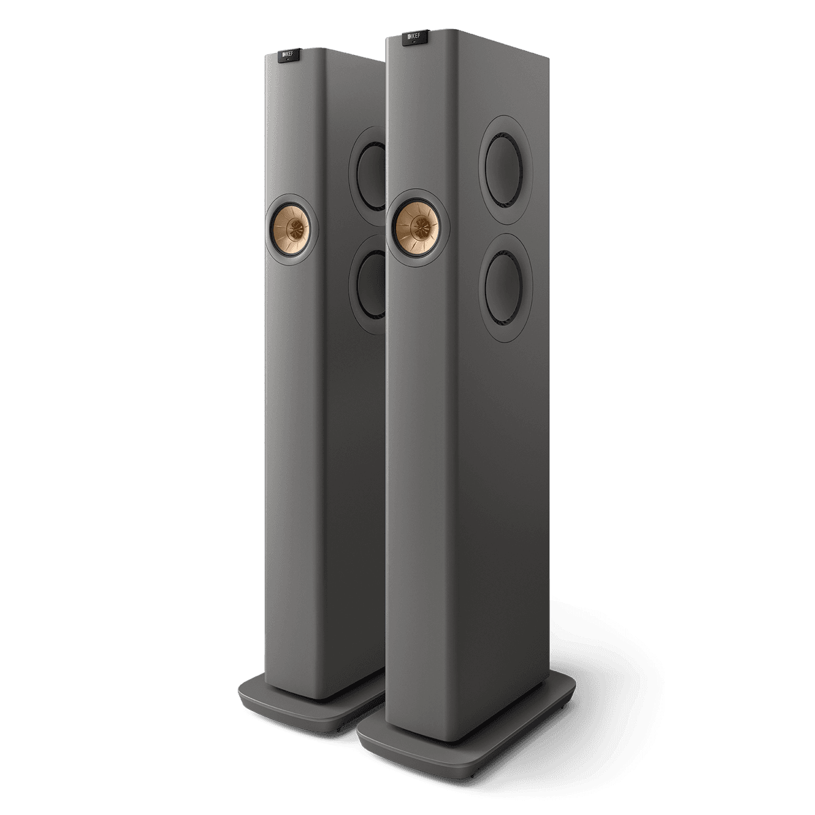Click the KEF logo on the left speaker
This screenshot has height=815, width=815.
[287, 52]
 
